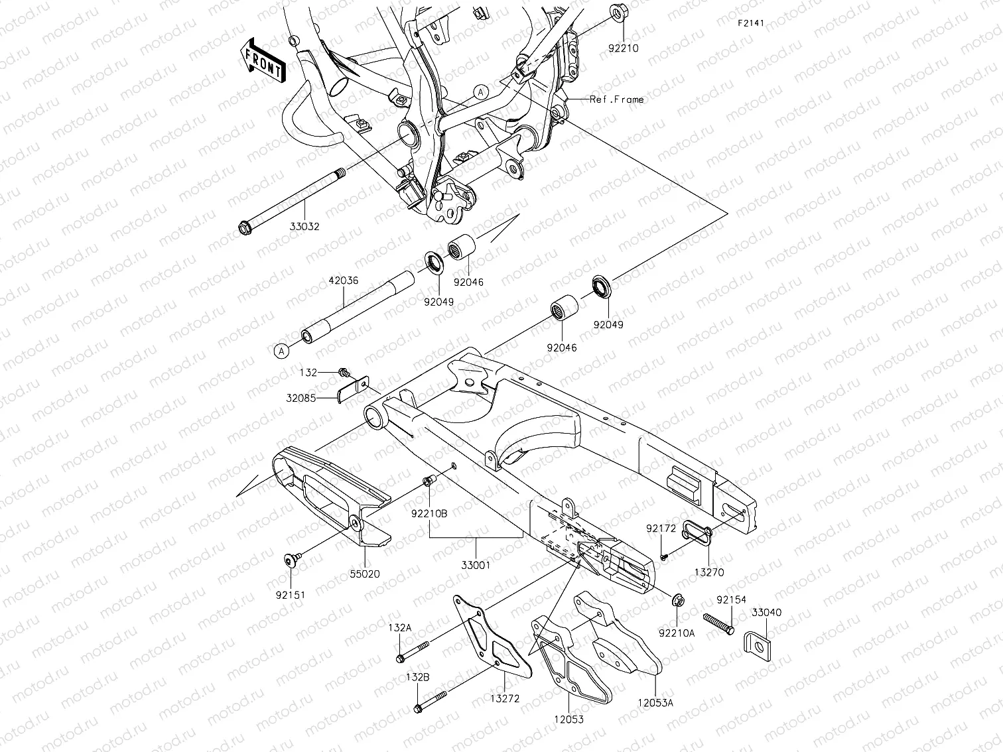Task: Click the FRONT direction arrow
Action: pyautogui.click(x=263, y=60)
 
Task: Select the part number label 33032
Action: pyautogui.click(x=304, y=226)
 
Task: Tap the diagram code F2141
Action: pyautogui.click(x=750, y=23)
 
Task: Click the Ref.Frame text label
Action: pyautogui.click(x=616, y=99)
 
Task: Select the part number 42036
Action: pyautogui.click(x=344, y=281)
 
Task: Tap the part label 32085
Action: pyautogui.click(x=302, y=399)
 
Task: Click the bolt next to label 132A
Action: pyautogui.click(x=413, y=651)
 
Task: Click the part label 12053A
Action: pyautogui.click(x=655, y=703)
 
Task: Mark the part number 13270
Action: pyautogui.click(x=709, y=572)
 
